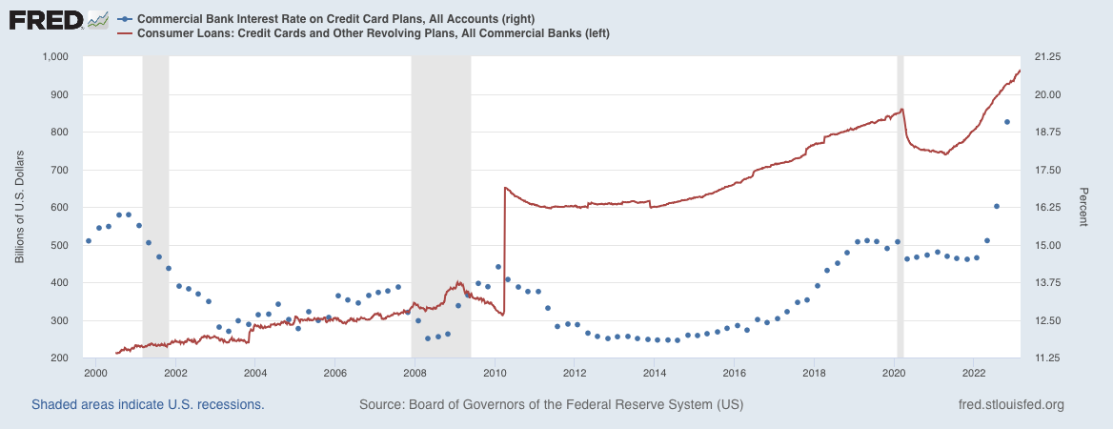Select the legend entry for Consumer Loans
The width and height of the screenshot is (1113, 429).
tap(362, 33)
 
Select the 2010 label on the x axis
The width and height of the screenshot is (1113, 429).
tap(494, 372)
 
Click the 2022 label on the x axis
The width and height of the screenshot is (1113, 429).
tap(974, 372)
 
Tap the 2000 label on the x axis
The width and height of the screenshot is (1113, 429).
tap(94, 372)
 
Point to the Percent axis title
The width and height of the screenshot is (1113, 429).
tap(1084, 207)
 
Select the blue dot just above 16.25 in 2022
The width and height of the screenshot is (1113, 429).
tap(997, 206)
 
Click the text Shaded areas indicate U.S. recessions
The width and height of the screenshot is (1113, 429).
tap(148, 405)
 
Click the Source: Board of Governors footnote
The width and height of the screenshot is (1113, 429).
tap(551, 405)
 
